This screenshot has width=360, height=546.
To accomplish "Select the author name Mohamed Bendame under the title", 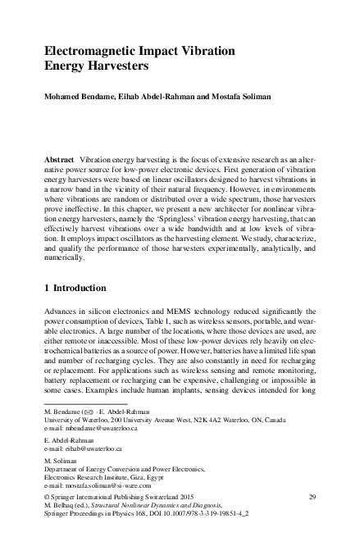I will [80, 98].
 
